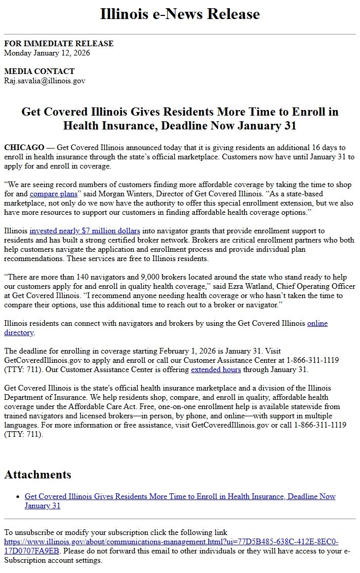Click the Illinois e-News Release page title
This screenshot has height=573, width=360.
click(x=180, y=14)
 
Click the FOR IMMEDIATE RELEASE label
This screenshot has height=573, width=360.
click(x=59, y=44)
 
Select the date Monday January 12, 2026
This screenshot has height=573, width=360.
click(x=47, y=52)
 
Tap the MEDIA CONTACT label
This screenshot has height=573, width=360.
click(x=39, y=71)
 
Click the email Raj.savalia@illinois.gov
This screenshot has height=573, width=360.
click(x=45, y=81)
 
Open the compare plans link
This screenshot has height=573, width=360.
click(x=53, y=194)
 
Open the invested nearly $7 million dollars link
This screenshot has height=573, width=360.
click(x=85, y=231)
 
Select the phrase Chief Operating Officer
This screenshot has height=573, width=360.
click(x=313, y=286)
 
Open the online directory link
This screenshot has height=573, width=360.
click(x=317, y=323)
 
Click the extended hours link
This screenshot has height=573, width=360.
click(x=214, y=369)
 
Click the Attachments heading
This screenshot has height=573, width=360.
click(x=38, y=474)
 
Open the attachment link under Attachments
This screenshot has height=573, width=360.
click(x=180, y=496)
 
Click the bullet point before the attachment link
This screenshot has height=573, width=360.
click(x=19, y=497)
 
